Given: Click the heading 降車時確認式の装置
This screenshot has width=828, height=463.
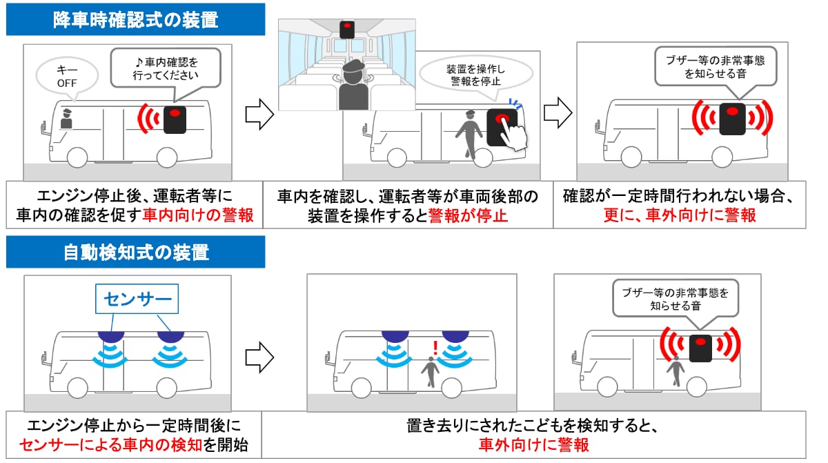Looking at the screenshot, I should click(x=135, y=19).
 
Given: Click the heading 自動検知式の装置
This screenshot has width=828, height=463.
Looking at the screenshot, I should click(x=135, y=252).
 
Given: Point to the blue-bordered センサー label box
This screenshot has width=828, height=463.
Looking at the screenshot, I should click(x=136, y=299).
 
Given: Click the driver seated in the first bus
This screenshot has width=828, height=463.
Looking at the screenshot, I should click(x=66, y=118).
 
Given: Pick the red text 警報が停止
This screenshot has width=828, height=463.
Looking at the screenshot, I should click(x=468, y=215).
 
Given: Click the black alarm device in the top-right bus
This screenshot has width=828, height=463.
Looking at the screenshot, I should click(x=731, y=119).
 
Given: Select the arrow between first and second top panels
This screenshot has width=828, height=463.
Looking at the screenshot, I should click(x=260, y=113).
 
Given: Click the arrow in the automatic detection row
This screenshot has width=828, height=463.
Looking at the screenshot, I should click(x=260, y=357).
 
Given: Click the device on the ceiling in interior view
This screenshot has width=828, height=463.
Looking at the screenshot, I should click(x=346, y=29).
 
